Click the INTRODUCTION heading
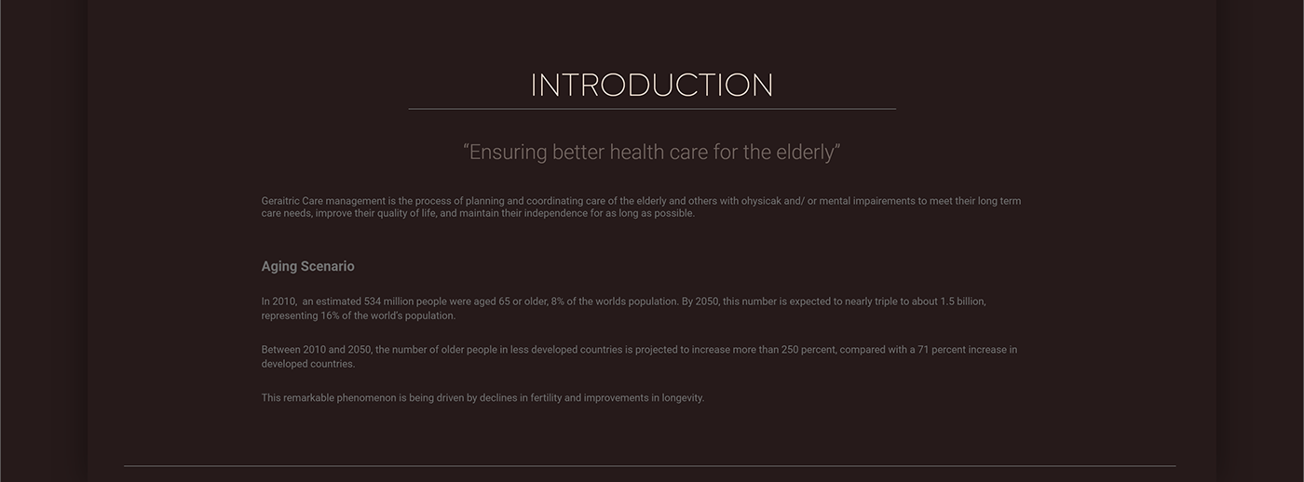(651, 85)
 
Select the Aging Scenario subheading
(307, 266)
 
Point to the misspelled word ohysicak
(761, 201)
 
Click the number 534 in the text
(373, 301)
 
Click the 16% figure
(330, 315)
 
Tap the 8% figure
(558, 301)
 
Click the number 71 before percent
(923, 350)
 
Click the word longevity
(683, 398)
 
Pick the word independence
(556, 213)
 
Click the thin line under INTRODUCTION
(652, 109)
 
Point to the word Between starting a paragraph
(280, 350)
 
